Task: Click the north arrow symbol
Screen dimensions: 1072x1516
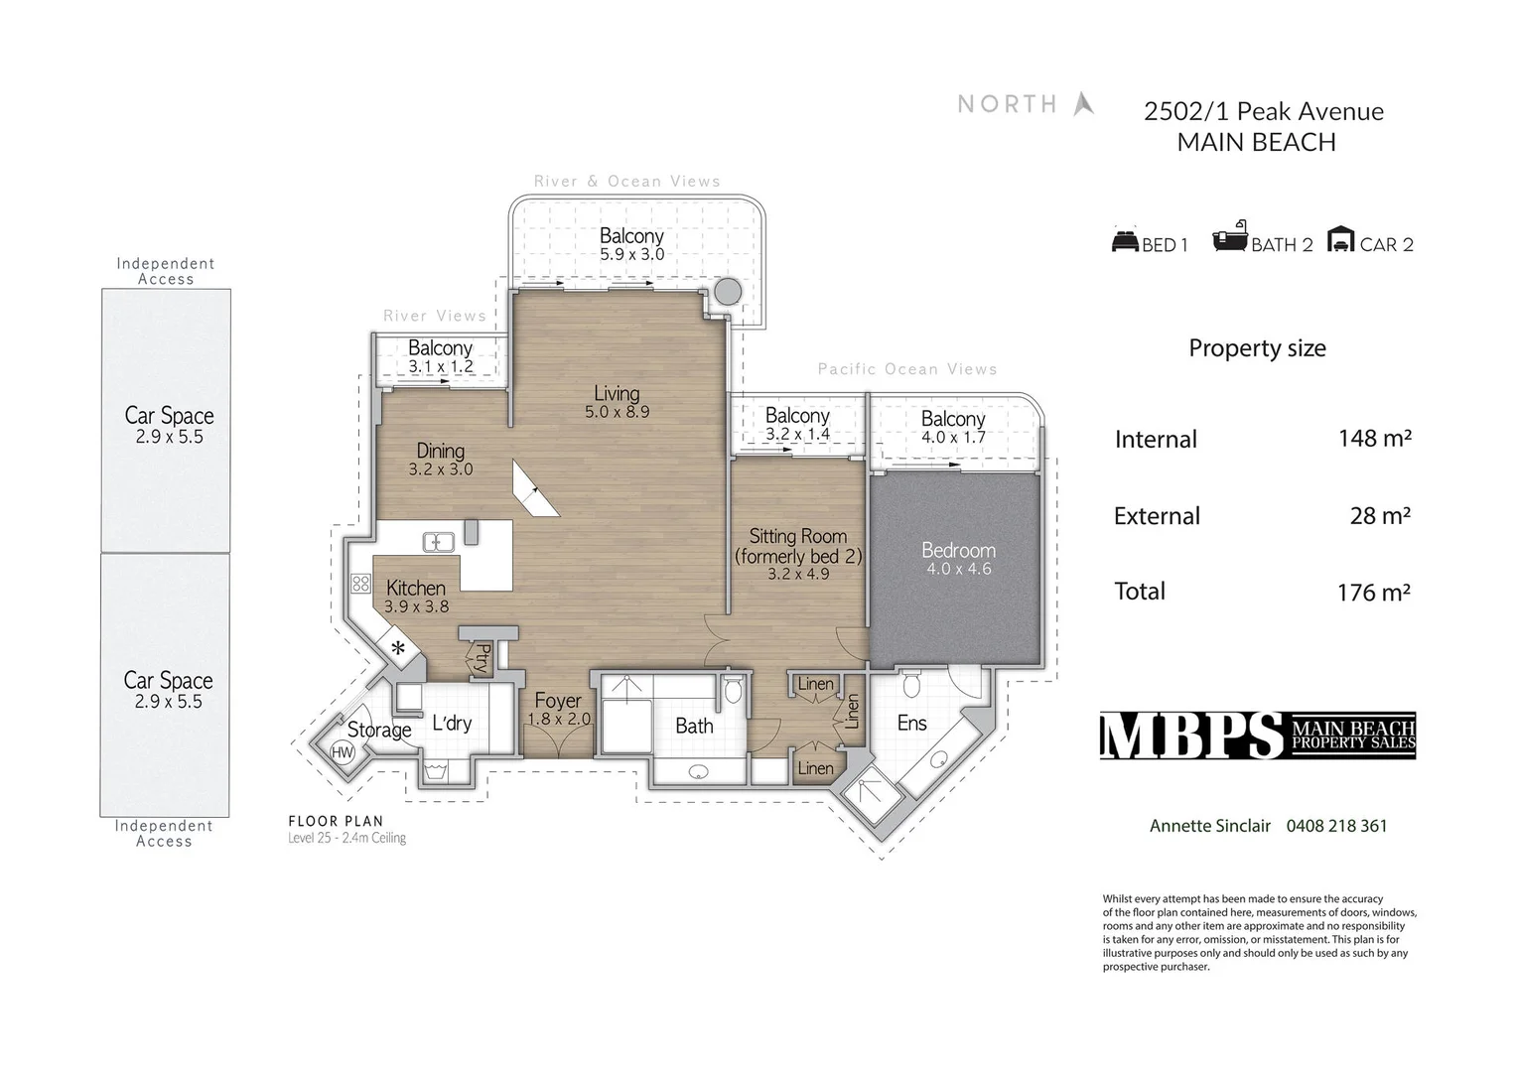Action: pos(1083,103)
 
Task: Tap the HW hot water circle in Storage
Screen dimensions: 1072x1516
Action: pos(343,752)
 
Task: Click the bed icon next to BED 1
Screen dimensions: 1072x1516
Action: pos(1124,241)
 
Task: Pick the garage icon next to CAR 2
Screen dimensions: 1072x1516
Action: pos(1340,239)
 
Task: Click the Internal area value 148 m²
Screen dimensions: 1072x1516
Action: pos(1374,438)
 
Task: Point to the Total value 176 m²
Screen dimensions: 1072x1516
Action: pos(1373,593)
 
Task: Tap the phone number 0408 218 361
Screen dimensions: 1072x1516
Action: pos(1336,826)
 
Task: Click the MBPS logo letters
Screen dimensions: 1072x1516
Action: pos(1191,736)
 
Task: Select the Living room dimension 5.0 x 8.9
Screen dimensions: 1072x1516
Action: pos(617,412)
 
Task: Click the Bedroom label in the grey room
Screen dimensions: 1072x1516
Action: pos(958,550)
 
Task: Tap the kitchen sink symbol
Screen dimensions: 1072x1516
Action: pos(438,542)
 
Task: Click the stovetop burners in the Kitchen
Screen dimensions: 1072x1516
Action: pos(361,584)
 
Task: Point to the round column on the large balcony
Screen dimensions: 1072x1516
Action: pos(728,292)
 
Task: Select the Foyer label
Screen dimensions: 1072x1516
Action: pos(558,701)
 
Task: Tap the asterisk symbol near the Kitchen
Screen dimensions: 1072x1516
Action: pos(398,649)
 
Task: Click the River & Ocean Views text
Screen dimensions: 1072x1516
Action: pos(626,182)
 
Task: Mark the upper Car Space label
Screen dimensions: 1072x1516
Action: pos(169,416)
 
